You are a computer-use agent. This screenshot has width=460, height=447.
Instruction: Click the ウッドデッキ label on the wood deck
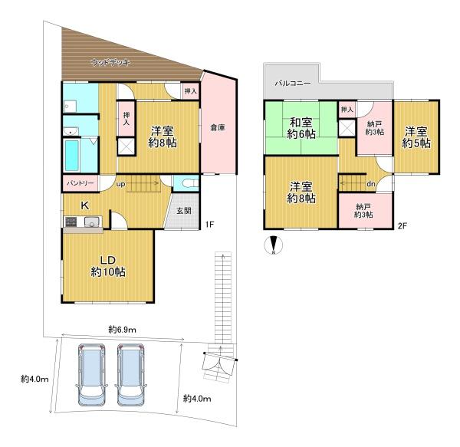tap(110, 62)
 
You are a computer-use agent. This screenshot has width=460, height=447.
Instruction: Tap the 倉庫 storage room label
tap(218, 127)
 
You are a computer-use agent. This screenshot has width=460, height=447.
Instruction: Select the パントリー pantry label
tap(80, 183)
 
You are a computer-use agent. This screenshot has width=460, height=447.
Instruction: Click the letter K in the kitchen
tap(85, 205)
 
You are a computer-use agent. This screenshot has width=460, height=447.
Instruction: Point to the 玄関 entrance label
tap(184, 210)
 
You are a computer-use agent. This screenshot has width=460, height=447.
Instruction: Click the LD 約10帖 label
tap(108, 266)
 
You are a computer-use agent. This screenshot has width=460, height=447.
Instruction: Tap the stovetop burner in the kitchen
tap(71, 222)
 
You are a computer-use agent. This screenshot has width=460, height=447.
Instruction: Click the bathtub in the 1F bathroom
tap(72, 156)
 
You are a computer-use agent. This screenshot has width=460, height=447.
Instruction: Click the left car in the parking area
tap(91, 374)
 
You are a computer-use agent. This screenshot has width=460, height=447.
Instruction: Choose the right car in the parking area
tap(131, 374)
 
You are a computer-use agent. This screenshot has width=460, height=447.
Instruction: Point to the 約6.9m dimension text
tap(122, 330)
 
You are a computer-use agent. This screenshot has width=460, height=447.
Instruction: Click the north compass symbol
tap(274, 245)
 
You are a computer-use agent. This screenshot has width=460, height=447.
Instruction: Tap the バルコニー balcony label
tap(293, 84)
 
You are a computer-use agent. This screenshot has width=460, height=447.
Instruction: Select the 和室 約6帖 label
tap(301, 128)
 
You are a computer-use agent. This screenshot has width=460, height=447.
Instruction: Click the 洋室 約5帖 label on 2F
tap(416, 137)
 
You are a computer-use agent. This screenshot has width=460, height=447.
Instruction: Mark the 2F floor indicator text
tap(402, 226)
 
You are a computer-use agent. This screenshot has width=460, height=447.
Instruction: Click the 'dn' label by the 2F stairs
tap(371, 184)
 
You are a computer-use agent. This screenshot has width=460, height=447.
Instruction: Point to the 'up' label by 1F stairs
tap(121, 184)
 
